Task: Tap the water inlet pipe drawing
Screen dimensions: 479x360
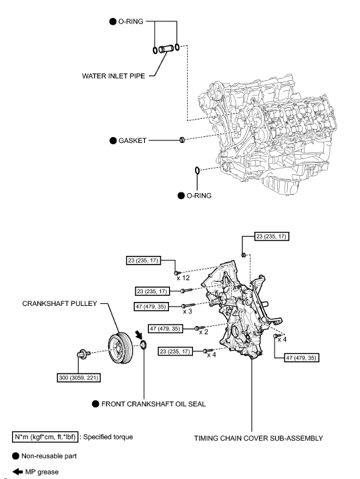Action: coord(164,49)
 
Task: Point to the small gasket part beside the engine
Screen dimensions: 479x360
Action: coord(181,140)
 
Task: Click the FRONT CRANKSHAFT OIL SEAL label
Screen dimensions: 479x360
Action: coord(156,404)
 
